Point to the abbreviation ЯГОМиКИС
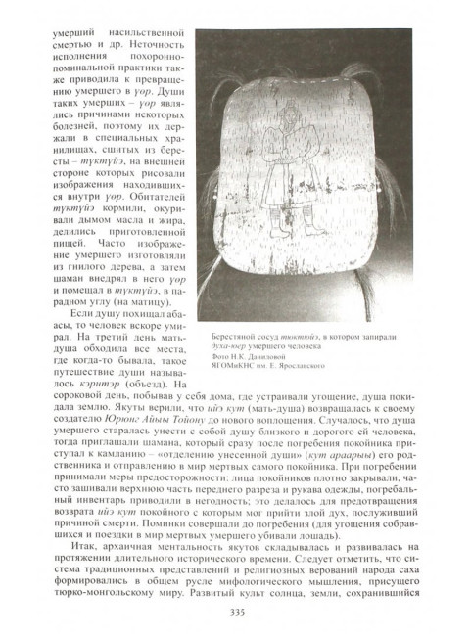pos(219,366)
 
